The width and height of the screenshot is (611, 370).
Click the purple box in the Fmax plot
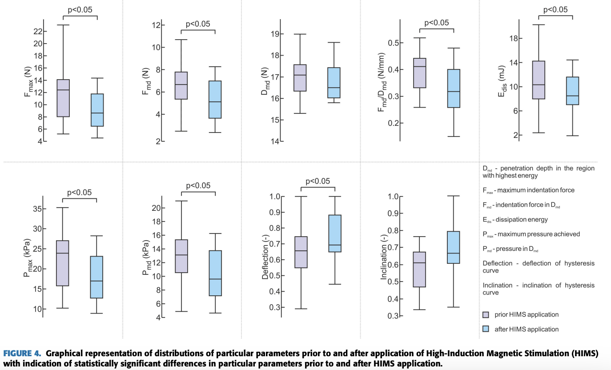point(63,98)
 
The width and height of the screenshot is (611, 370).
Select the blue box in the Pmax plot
point(96,277)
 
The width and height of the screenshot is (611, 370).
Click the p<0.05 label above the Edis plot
point(556,10)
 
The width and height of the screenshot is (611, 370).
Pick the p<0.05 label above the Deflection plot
point(318,181)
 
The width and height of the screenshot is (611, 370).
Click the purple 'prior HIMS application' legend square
point(486,315)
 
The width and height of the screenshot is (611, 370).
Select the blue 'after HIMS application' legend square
point(486,330)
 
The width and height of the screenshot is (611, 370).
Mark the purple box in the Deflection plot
point(301,252)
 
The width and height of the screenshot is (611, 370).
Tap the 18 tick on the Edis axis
point(516,39)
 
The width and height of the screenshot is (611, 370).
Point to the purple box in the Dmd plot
point(300,78)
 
